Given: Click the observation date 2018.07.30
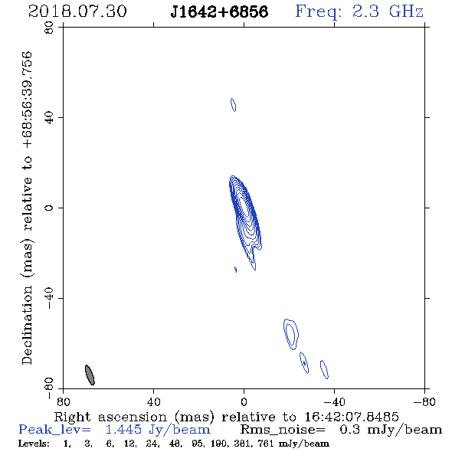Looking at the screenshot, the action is click(x=77, y=11).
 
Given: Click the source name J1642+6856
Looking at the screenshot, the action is click(x=219, y=11).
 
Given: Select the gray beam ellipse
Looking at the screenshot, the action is click(x=90, y=375).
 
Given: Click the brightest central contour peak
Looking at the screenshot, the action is click(x=244, y=206).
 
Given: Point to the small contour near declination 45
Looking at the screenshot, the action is click(x=233, y=105).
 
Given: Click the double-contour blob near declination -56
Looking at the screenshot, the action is click(x=291, y=334).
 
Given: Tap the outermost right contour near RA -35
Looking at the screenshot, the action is click(x=324, y=369).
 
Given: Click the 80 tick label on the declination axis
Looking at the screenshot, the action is click(x=49, y=28).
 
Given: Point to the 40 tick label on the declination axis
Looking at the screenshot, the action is click(x=49, y=118).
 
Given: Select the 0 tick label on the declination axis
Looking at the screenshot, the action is click(x=49, y=208).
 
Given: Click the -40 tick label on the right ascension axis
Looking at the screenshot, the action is click(x=334, y=401).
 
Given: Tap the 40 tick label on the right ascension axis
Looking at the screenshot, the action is click(x=153, y=401).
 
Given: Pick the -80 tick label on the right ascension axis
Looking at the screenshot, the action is click(x=424, y=401).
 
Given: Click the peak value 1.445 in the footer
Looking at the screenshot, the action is click(x=123, y=430).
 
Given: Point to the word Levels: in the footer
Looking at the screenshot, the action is click(x=34, y=443).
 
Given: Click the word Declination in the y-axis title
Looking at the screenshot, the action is click(x=27, y=325).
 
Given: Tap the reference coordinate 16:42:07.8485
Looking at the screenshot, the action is click(x=352, y=417).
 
